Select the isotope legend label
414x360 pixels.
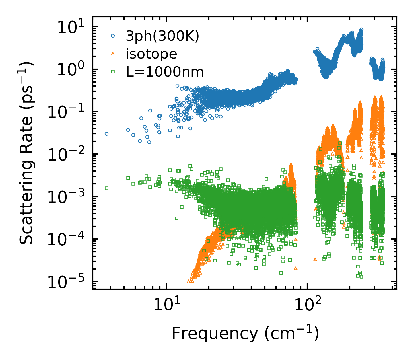tap(151, 54)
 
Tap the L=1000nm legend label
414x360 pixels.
tap(165, 72)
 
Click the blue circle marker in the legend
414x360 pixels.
tap(113, 36)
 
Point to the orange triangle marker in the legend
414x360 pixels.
tap(113, 54)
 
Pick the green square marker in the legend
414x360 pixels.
tap(113, 72)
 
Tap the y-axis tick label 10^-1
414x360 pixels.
tap(68, 113)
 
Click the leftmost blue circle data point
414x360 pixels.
tap(106, 134)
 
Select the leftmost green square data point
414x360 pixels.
tap(106, 188)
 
